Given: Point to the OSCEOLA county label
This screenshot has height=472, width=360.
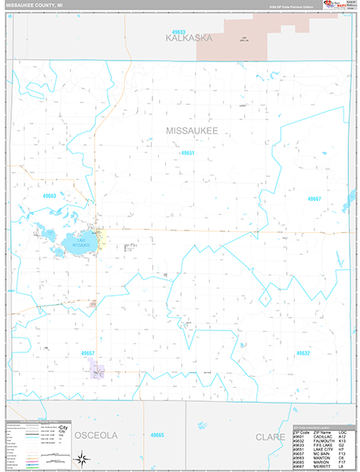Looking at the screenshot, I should click(95, 435).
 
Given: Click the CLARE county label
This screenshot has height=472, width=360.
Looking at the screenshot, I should click(269, 435).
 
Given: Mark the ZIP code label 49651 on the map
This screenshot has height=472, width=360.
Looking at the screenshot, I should click(187, 153).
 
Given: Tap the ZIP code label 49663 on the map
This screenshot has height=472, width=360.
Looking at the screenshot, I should click(50, 195).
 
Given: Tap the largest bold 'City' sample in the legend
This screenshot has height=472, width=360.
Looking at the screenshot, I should click(62, 430).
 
